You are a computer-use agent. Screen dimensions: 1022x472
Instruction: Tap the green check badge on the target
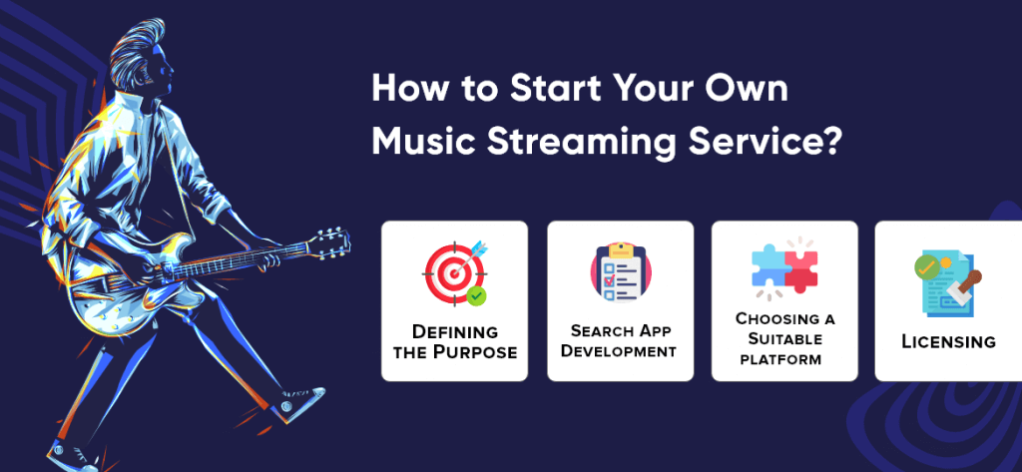(476, 295)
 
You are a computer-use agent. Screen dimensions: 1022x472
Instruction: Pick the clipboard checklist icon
(621, 272)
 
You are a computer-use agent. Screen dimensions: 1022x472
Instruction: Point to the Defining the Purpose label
(455, 341)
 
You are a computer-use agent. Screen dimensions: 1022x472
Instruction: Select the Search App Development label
(619, 341)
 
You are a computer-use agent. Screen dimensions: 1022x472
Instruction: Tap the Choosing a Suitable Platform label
(784, 338)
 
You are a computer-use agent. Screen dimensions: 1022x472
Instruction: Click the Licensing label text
(948, 341)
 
